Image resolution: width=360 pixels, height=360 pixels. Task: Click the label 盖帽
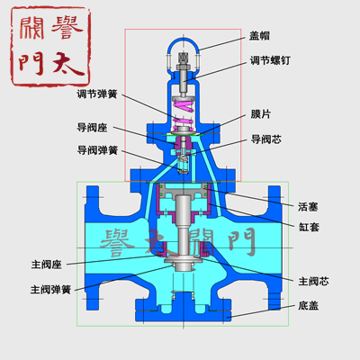pos(259,36)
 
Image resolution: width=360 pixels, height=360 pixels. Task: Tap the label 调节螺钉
pos(270,60)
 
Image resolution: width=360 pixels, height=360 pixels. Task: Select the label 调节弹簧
pos(97,94)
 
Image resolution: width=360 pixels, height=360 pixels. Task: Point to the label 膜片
pos(261,114)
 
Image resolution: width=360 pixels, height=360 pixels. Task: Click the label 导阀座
pos(92,128)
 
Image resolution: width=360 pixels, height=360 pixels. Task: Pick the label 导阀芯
pos(266,139)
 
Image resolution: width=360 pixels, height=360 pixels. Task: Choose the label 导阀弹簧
pos(97,150)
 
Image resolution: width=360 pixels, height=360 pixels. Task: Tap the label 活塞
pos(308,207)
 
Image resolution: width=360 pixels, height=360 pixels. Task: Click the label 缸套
pos(309,227)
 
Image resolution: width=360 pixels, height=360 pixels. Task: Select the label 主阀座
pos(47,265)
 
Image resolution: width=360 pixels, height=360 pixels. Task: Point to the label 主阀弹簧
pos(50,290)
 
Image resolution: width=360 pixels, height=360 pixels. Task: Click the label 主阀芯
pos(313,282)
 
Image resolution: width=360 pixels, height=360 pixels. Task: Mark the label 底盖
pos(309,306)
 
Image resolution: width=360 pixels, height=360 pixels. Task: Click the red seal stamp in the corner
pos(50,47)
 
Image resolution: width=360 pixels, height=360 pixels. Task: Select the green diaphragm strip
pos(183,135)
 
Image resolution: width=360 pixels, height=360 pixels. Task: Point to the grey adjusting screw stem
pos(183,81)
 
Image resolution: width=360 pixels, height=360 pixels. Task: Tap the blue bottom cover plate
pos(183,316)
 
